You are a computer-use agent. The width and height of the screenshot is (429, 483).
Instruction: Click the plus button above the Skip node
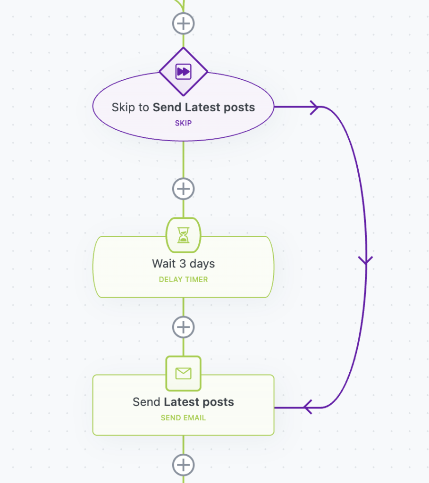pos(184,24)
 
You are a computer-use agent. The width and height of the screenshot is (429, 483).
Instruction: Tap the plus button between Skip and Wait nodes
pos(184,189)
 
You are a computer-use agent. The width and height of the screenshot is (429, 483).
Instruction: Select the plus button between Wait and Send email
pos(184,327)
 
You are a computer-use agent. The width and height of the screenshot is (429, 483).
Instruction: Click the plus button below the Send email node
pos(184,465)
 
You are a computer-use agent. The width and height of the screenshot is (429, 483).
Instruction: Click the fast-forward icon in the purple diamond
pos(184,72)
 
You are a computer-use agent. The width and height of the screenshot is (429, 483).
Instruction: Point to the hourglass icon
pos(184,235)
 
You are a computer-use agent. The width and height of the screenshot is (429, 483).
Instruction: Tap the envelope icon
pos(184,374)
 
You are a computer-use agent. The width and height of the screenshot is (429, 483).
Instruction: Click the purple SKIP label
pos(184,123)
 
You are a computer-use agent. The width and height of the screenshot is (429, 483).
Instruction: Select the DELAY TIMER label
pos(184,279)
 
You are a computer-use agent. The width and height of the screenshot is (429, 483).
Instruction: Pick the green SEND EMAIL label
pos(184,418)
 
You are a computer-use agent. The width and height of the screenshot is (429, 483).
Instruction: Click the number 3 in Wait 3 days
pos(183,264)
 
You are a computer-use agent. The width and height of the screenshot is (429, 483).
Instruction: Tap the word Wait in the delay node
pos(164,264)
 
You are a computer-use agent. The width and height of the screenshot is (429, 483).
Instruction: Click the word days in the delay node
pos(202,264)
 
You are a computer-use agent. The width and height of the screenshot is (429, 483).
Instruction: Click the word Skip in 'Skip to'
pos(123,108)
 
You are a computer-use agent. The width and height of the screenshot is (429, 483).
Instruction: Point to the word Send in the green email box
pos(146,402)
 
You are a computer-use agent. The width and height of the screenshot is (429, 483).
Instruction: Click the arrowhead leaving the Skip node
pos(314,107)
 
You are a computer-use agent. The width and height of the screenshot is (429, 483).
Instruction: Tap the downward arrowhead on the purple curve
pos(366,260)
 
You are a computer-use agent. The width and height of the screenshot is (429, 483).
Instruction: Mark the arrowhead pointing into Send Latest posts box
pos(308,407)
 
